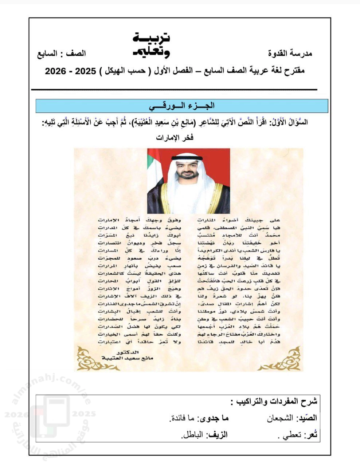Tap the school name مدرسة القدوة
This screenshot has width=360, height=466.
point(290,54)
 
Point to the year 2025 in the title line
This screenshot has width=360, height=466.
point(86,71)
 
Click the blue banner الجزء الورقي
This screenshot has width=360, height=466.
point(182,106)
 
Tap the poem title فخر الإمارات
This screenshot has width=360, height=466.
point(175,138)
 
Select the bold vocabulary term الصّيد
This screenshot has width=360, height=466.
point(308,418)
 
